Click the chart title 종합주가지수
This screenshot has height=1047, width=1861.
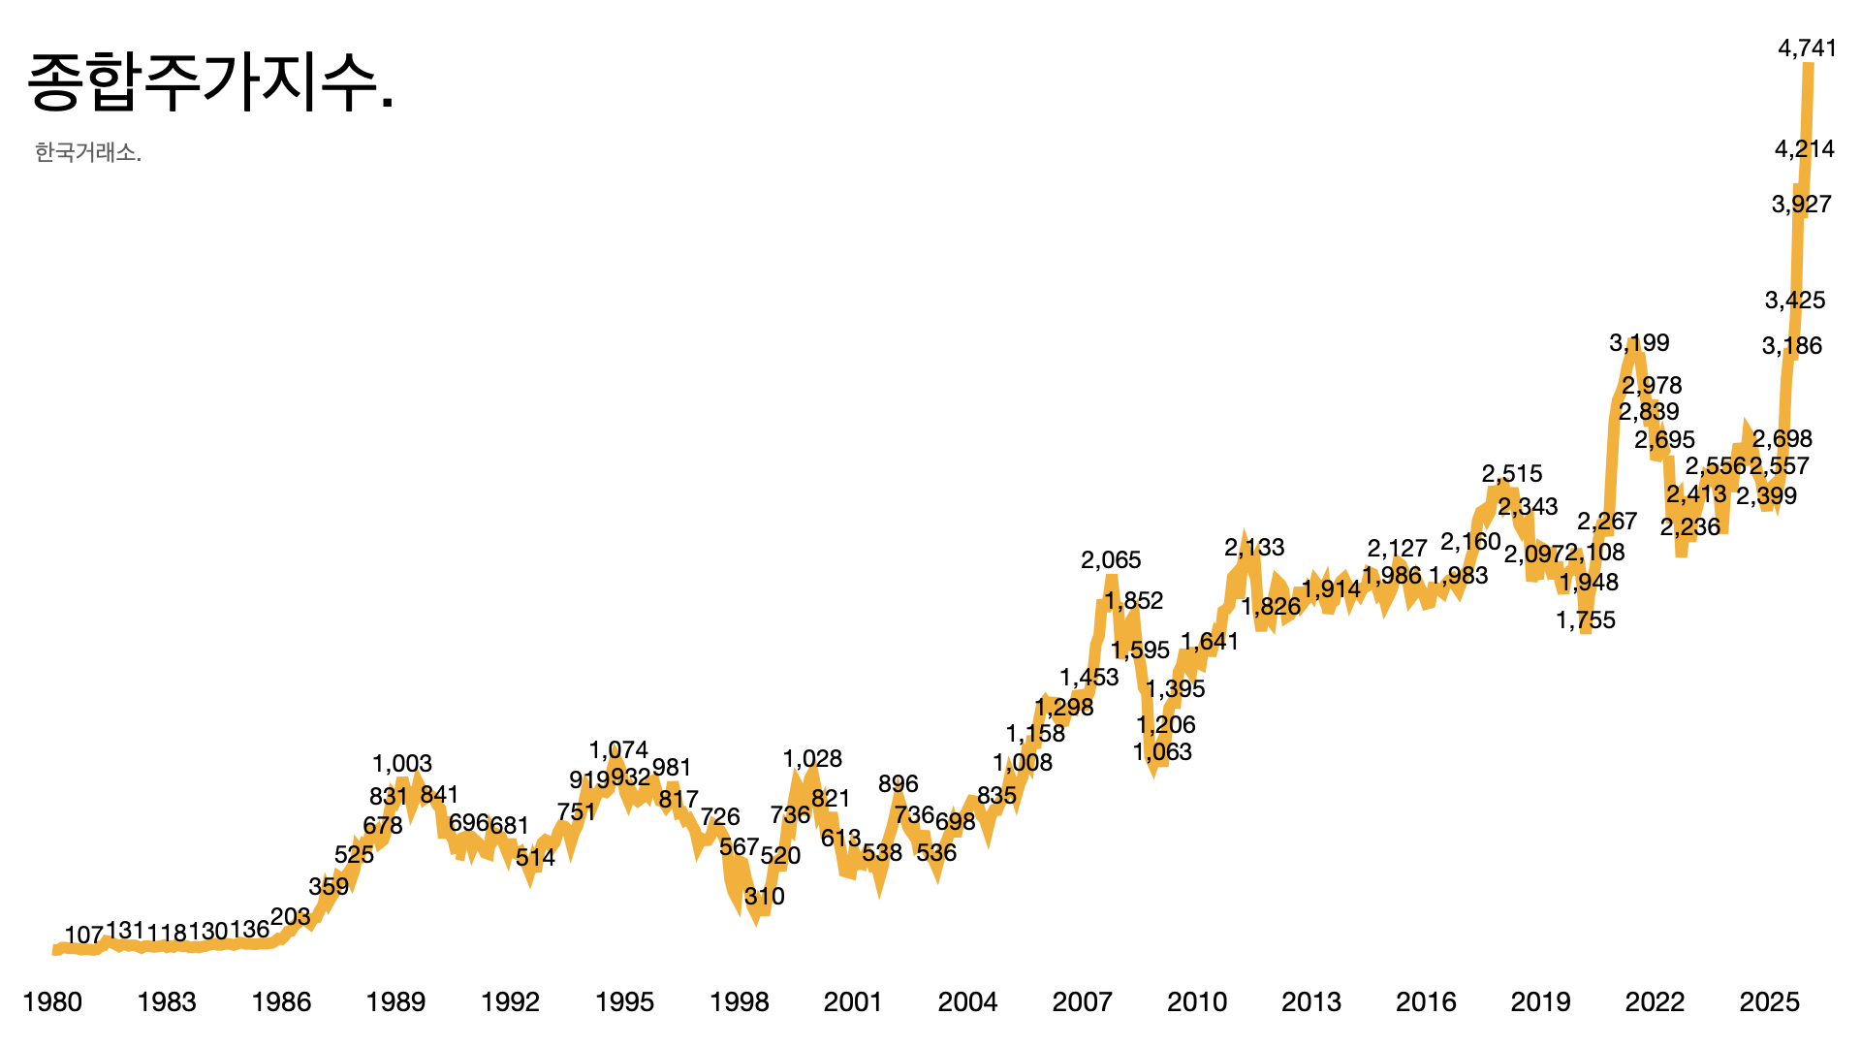210,82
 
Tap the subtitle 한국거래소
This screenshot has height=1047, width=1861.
88,153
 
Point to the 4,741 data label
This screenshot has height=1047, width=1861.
1807,48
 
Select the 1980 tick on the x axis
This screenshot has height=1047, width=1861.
52,1001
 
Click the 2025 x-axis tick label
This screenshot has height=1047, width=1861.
1769,1001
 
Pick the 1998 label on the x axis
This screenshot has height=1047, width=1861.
739,1001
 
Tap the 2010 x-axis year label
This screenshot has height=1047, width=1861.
1196,1001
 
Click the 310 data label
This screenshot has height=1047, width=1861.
764,897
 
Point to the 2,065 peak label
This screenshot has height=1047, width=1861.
1111,560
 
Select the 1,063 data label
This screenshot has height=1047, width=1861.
1162,752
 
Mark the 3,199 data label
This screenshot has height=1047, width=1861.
1639,343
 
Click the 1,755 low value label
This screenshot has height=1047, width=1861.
1586,620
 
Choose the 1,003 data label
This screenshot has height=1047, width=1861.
402,764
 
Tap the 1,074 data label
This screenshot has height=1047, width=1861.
618,750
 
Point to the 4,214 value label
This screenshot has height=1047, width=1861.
1804,149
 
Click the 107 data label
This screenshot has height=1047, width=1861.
83,936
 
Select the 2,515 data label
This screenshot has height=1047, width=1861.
1511,474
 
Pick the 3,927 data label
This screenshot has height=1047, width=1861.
1801,205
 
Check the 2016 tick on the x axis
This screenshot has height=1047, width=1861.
1425,1001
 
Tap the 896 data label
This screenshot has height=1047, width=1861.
898,784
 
